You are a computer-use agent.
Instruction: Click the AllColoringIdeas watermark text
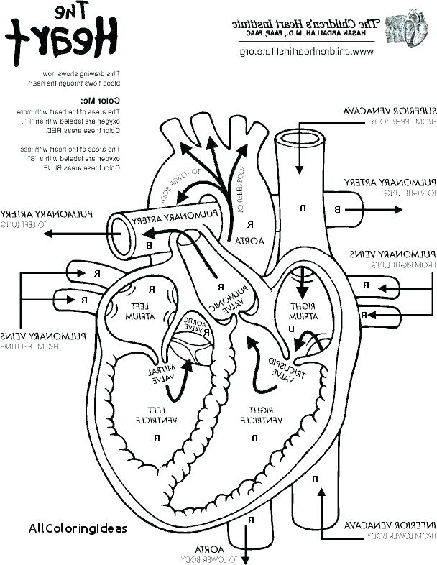pyautogui.click(x=78, y=528)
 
